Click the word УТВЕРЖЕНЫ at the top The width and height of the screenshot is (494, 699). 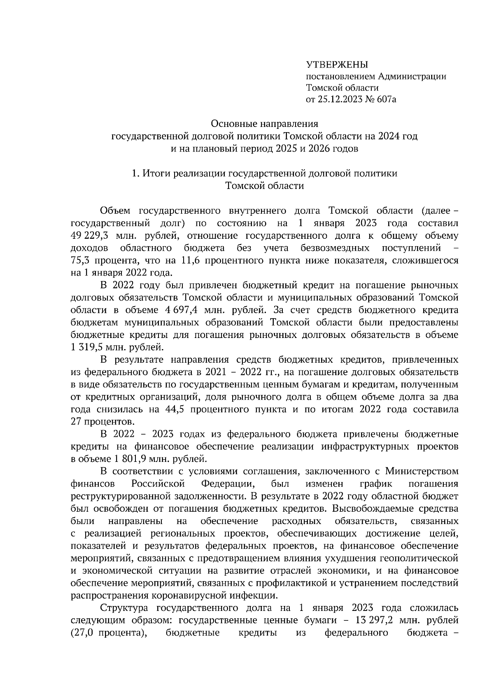click(336, 64)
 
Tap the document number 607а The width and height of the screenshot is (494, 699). click(386, 99)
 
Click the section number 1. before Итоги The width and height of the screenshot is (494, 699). click(135, 173)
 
